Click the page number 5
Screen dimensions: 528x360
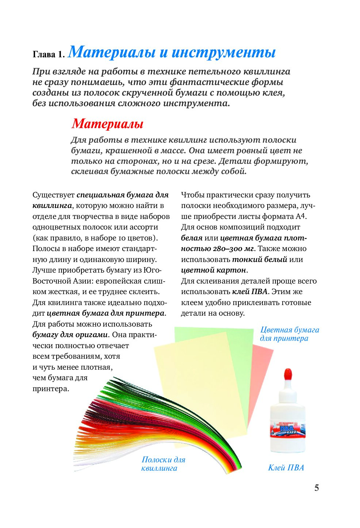click(x=317, y=488)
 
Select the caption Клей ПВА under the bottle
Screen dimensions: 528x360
click(x=286, y=468)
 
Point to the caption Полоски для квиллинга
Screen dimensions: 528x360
click(x=163, y=464)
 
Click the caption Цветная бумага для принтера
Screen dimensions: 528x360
click(x=289, y=334)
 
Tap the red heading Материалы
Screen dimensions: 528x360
click(x=107, y=124)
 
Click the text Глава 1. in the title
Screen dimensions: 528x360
click(x=49, y=54)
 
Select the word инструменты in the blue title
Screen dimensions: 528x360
click(x=223, y=52)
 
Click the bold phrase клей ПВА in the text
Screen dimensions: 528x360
click(x=250, y=292)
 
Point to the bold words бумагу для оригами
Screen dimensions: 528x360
click(x=70, y=335)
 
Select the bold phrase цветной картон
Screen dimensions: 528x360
click(x=214, y=270)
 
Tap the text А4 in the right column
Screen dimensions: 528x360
click(x=300, y=216)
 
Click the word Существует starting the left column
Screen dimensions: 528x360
click(x=53, y=195)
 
